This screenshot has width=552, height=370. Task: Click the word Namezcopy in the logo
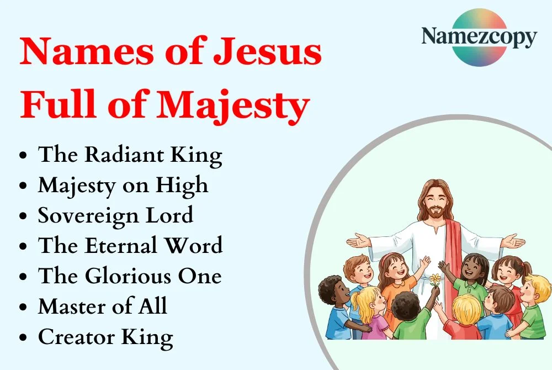[479, 37]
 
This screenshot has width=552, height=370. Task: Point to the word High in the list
[185, 185]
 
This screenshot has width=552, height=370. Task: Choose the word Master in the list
[72, 305]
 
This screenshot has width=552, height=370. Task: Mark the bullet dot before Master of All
[23, 306]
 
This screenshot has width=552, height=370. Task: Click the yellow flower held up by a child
[435, 278]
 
